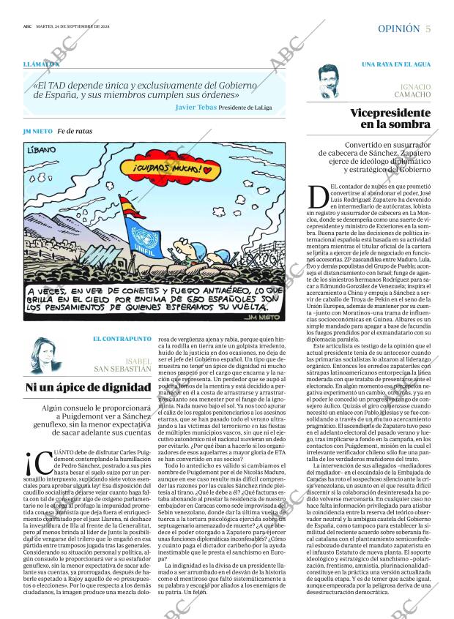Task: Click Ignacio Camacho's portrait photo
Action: point(333,82)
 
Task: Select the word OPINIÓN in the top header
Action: point(398,29)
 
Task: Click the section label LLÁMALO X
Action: point(41,65)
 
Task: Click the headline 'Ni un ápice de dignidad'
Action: point(89,388)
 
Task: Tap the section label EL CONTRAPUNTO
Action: point(122,339)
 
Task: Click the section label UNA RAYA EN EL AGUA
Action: point(395,65)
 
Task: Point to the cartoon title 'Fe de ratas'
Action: point(75,131)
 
